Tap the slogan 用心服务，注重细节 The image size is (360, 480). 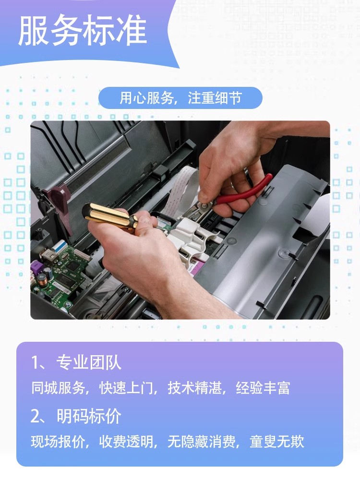coord(180,98)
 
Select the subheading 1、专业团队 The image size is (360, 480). coord(76,363)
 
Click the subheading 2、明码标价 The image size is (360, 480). coord(76,416)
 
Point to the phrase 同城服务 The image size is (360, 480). coord(58,388)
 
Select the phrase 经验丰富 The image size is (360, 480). coord(263,388)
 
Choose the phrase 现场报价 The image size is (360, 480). coord(58,442)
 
